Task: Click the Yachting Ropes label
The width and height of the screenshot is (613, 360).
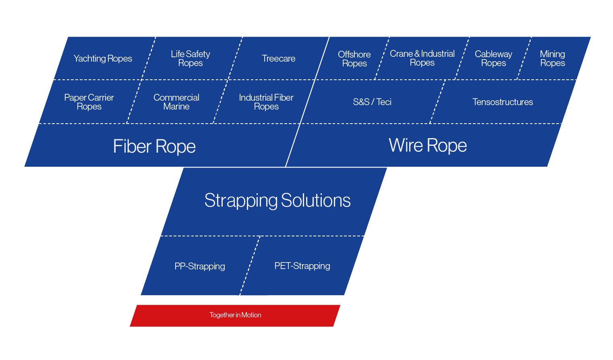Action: (x=103, y=58)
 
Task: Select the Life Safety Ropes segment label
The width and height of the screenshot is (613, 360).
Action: (x=190, y=58)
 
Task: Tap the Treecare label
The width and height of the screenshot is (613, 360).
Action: (x=278, y=58)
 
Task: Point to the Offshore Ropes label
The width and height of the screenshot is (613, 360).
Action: (x=354, y=59)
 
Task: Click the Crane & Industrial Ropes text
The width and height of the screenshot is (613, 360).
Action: (x=422, y=58)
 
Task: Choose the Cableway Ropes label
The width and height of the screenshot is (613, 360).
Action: (x=493, y=58)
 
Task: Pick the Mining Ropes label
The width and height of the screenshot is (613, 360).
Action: (x=552, y=58)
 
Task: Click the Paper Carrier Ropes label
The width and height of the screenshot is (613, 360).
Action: (x=89, y=102)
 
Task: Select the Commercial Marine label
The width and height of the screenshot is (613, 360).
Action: (x=176, y=102)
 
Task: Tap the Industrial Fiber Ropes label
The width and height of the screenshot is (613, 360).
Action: (x=266, y=102)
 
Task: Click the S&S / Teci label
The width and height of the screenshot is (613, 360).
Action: (x=372, y=102)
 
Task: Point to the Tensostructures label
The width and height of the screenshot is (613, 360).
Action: (x=502, y=102)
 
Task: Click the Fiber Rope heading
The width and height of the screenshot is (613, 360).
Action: (x=154, y=146)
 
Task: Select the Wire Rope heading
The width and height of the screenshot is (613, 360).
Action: (x=428, y=145)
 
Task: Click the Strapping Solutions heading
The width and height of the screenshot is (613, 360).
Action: (x=278, y=200)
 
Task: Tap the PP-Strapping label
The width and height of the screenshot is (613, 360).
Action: (x=199, y=266)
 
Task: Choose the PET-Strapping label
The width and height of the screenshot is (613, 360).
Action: (x=302, y=266)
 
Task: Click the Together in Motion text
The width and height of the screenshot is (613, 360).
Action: (x=235, y=315)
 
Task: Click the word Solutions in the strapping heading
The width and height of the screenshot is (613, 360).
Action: (x=316, y=200)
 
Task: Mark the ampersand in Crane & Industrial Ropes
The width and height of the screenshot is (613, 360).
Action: (x=417, y=54)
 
